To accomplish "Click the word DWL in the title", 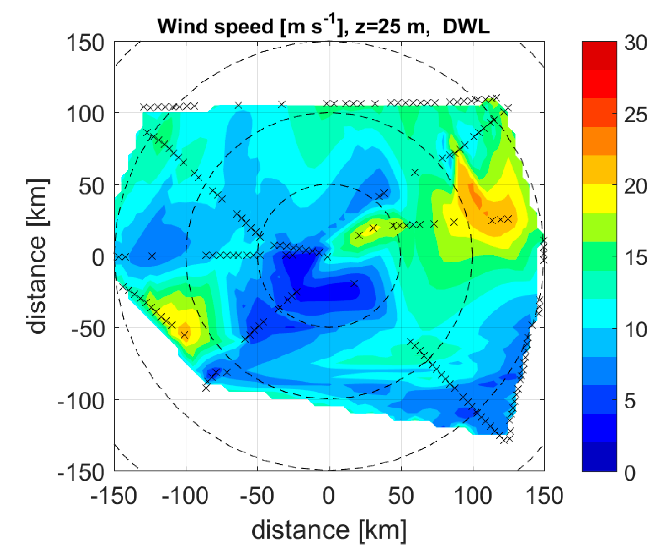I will (466, 27).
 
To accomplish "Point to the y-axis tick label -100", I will (81, 401).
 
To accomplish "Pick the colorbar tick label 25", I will (635, 115).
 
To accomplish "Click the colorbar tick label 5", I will (630, 401).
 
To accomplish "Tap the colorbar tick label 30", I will (635, 43).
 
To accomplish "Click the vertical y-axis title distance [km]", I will (38, 256).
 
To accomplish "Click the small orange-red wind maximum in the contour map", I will (476, 196).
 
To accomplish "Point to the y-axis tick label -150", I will (81, 472).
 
